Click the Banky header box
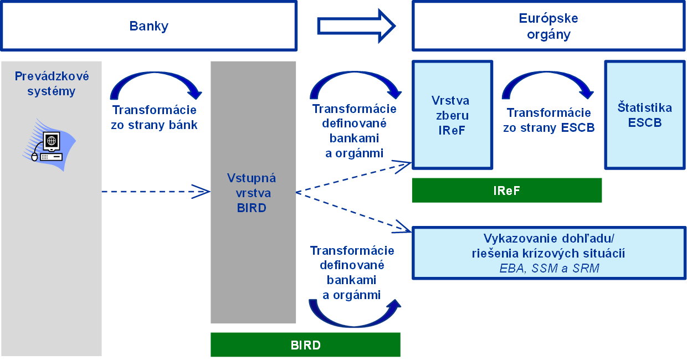click(148, 26)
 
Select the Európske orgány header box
click(548, 26)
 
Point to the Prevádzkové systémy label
click(51, 84)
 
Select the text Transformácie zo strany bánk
click(154, 117)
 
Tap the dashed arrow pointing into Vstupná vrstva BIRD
click(155, 192)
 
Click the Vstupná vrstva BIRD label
click(252, 193)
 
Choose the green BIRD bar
click(305, 345)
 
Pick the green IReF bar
click(506, 191)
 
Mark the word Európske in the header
click(548, 18)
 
